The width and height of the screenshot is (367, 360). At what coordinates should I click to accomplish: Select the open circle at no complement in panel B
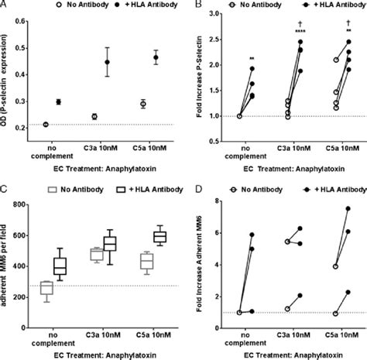pos(240,115)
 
